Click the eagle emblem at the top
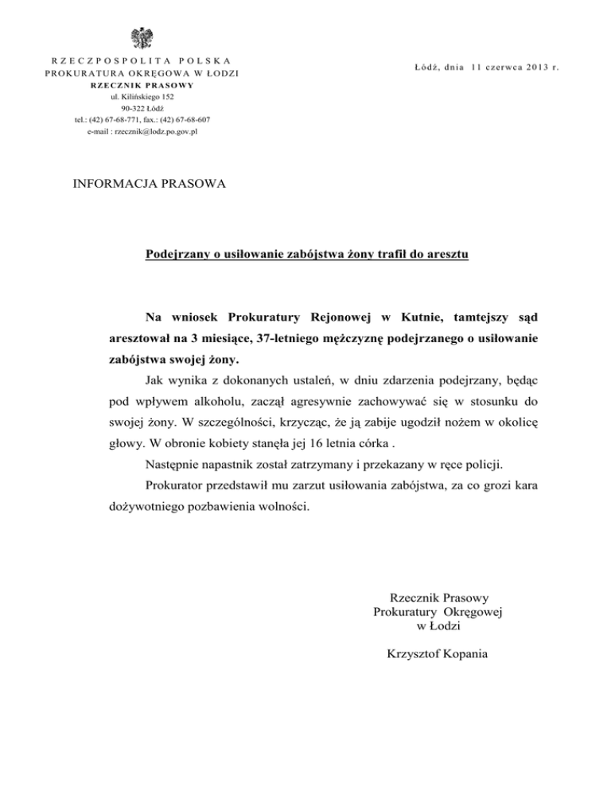tap(144, 37)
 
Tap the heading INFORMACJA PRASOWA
tap(150, 184)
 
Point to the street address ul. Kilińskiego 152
tap(143, 96)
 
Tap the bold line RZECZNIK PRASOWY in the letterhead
tap(143, 85)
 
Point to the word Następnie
tap(176, 462)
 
